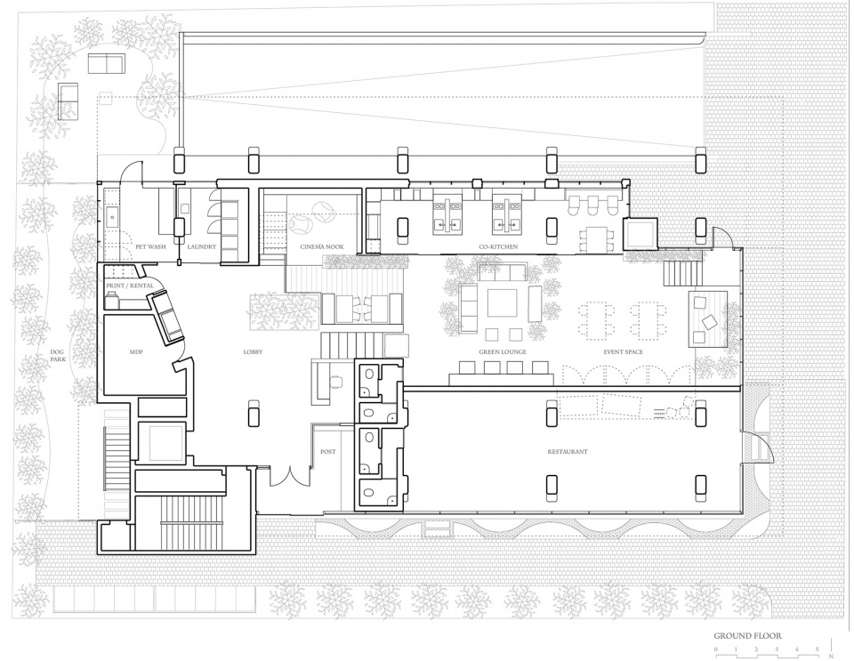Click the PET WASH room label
149,246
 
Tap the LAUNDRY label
201,246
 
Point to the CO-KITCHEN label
498,246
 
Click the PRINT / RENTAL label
130,285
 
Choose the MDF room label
137,352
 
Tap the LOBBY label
253,352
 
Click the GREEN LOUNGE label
504,352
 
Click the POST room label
327,452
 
